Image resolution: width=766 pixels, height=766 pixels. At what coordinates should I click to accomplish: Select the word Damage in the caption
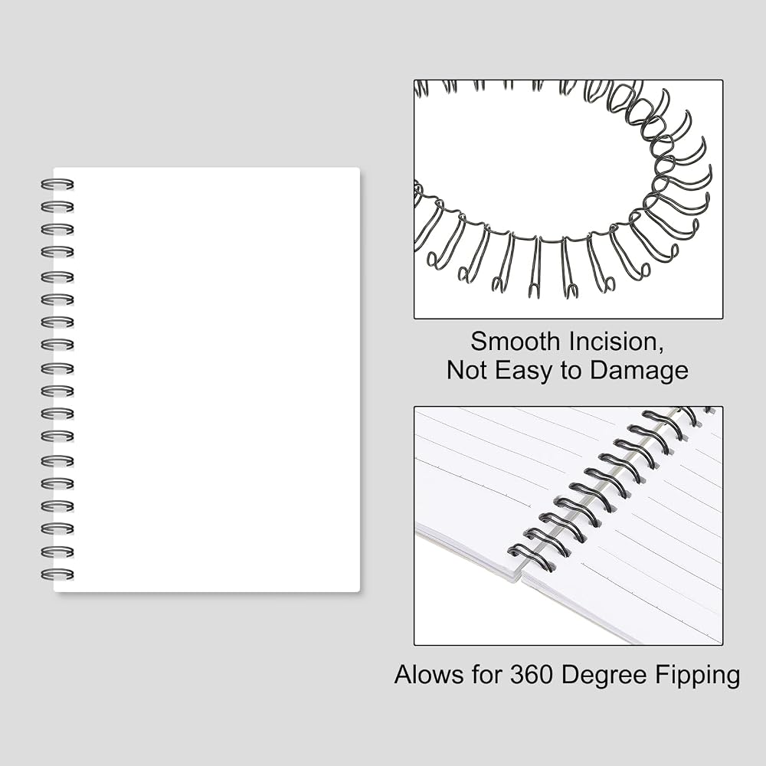pyautogui.click(x=639, y=370)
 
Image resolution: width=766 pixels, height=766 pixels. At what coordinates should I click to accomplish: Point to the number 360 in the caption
pyautogui.click(x=532, y=675)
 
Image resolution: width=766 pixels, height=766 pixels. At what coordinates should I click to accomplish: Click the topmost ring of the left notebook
pyautogui.click(x=57, y=185)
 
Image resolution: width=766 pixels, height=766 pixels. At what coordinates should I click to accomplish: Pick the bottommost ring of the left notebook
pyautogui.click(x=57, y=574)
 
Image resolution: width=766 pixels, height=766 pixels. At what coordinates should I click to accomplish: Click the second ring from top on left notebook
pyautogui.click(x=57, y=207)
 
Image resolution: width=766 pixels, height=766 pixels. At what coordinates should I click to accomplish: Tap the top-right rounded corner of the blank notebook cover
pyautogui.click(x=358, y=169)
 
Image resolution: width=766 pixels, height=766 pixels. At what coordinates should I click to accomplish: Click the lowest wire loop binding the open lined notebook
pyautogui.click(x=532, y=558)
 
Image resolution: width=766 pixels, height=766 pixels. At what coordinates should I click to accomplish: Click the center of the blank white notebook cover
pyautogui.click(x=207, y=380)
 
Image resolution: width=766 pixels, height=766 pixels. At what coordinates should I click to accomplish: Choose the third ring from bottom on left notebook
pyautogui.click(x=57, y=529)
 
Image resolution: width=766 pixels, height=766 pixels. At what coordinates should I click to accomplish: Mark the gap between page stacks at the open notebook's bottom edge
pyautogui.click(x=521, y=577)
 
